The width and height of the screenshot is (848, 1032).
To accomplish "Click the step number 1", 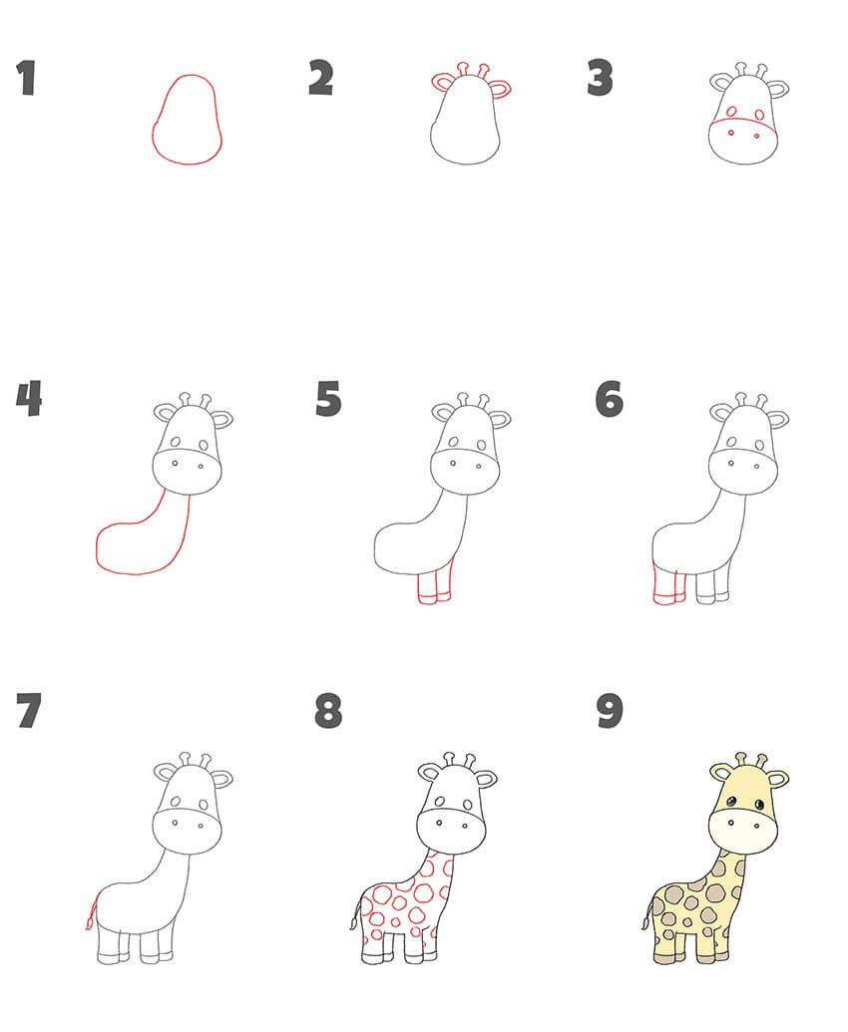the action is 26,78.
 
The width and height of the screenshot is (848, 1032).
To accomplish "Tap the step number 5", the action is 328,399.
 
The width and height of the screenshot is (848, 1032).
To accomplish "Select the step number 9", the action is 609,711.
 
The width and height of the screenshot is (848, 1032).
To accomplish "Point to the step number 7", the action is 29,710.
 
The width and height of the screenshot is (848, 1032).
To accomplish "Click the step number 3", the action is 600,78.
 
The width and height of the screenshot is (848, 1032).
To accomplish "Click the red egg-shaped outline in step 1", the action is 153,132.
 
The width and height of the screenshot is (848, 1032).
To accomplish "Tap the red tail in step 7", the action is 91,910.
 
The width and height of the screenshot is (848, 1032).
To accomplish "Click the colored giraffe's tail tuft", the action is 644,922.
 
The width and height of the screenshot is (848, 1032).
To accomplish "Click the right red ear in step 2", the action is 501,88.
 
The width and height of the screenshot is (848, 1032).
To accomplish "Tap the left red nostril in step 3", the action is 731,133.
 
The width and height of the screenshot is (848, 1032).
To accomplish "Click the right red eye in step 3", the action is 760,115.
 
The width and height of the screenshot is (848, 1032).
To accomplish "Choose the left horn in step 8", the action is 449,760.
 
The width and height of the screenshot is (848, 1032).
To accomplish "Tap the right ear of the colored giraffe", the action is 777,779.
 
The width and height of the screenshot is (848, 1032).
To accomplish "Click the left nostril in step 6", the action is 731,464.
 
